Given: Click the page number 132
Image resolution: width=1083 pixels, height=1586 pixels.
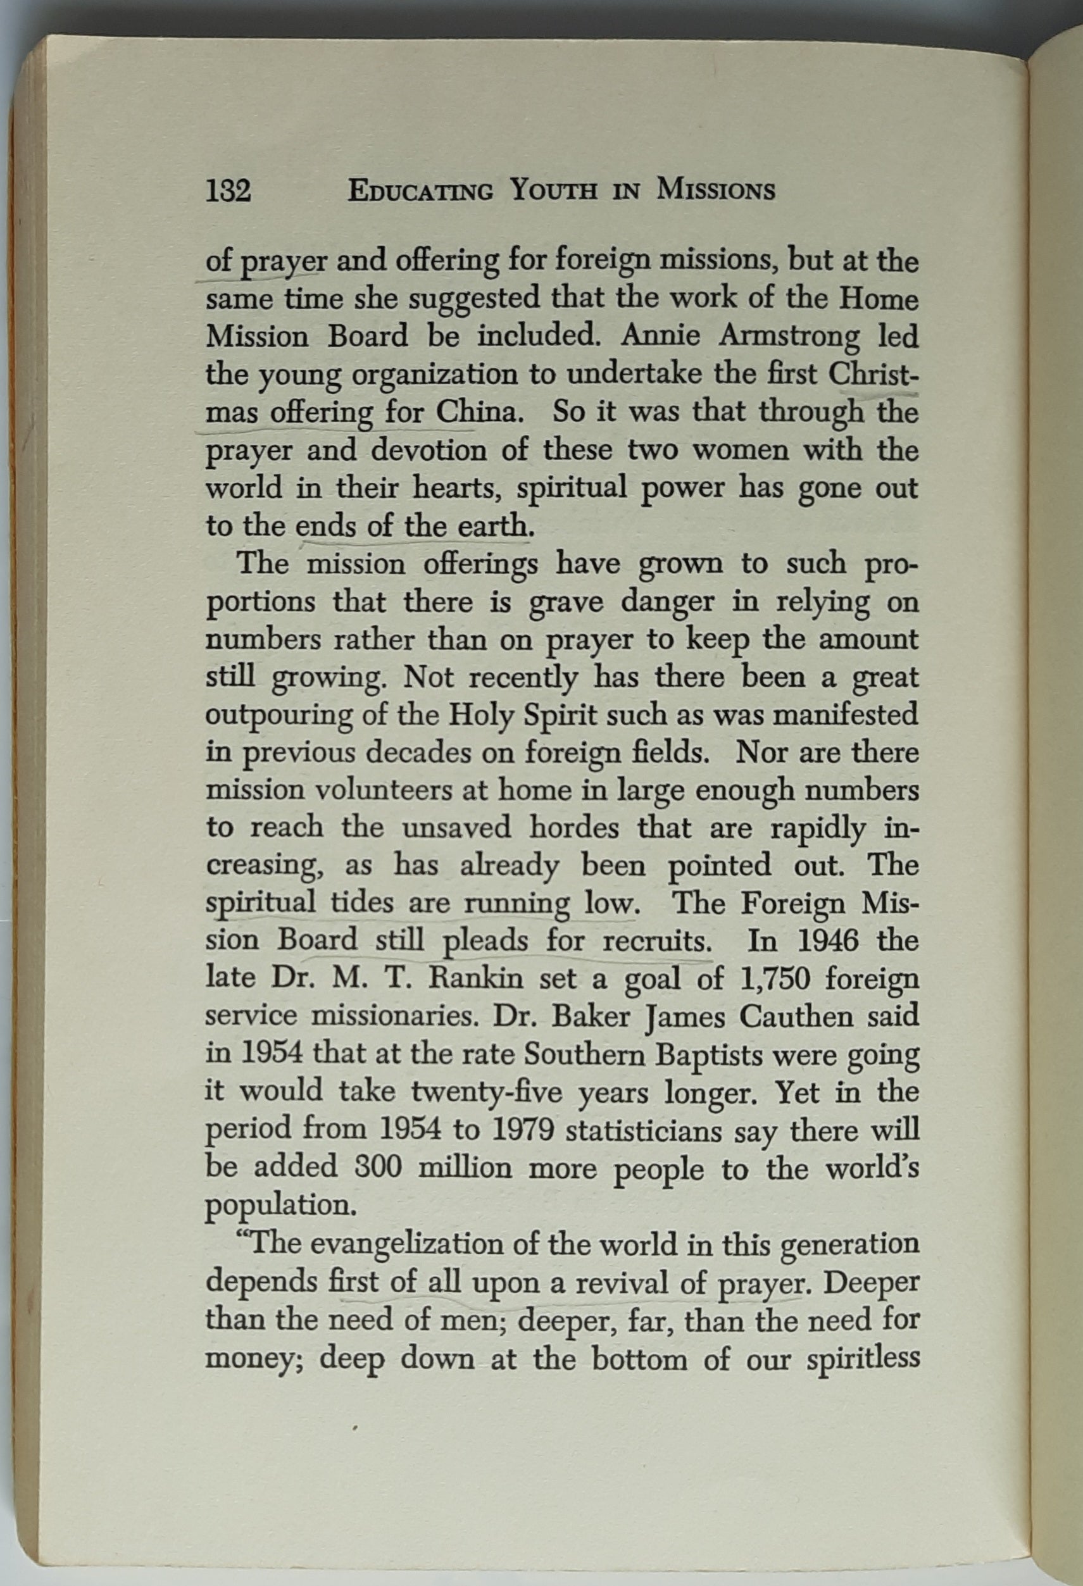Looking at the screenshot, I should coord(228,191).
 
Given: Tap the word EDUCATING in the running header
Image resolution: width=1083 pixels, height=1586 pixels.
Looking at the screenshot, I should coord(420,192).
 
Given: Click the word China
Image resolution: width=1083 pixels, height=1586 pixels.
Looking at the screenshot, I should coord(475,412).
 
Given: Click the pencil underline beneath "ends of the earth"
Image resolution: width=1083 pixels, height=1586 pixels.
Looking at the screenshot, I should coord(413,541).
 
